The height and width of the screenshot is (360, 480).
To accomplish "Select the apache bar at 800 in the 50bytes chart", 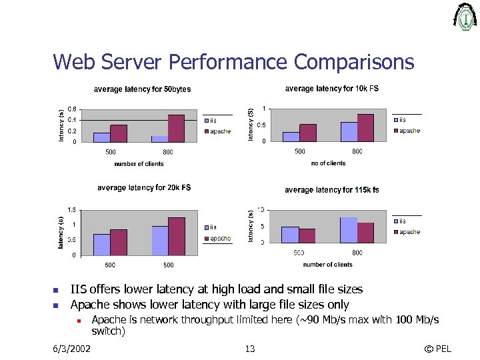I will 176,128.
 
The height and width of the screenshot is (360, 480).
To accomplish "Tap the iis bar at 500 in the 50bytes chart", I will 101,137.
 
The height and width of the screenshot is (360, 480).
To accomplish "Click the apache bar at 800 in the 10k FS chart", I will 365,127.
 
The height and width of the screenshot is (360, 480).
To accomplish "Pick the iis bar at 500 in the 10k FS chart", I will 291,137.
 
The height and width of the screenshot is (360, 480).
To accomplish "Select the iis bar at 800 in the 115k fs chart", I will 349,230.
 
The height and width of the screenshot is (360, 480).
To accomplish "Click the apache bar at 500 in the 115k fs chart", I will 307,235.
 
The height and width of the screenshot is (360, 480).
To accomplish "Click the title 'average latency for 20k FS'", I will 144,188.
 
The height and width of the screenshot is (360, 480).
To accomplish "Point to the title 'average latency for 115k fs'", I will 332,190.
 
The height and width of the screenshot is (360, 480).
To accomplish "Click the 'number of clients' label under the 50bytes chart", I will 139,164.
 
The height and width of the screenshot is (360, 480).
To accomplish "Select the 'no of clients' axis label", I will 328,163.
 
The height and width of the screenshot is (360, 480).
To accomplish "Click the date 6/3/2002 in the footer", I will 72,349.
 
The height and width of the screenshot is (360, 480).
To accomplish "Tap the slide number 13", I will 250,349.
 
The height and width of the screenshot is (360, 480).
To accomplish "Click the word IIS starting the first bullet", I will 79,289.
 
